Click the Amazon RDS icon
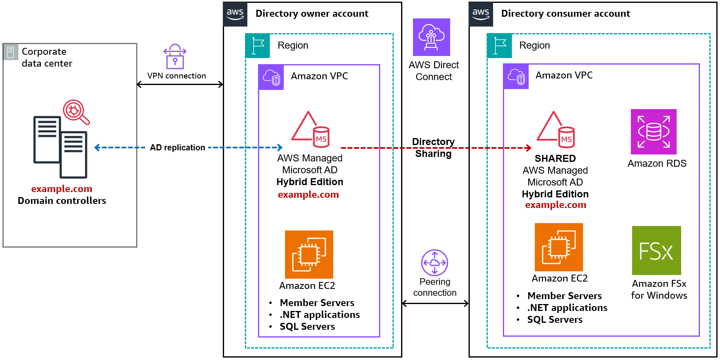[653, 132]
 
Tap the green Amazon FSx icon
[656, 250]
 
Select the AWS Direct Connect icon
[431, 37]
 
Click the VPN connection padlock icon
[175, 57]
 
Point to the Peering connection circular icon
[435, 263]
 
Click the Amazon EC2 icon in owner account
[309, 255]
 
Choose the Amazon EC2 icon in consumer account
[559, 247]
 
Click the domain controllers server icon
[60, 147]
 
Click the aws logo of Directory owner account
[235, 14]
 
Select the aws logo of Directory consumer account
[481, 14]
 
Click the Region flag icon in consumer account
[499, 46]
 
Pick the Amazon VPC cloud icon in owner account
[271, 77]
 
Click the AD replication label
[177, 148]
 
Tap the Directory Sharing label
[433, 148]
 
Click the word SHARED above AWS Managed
[555, 159]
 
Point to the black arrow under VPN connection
[180, 85]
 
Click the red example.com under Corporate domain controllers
[62, 189]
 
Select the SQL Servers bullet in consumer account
[554, 320]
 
